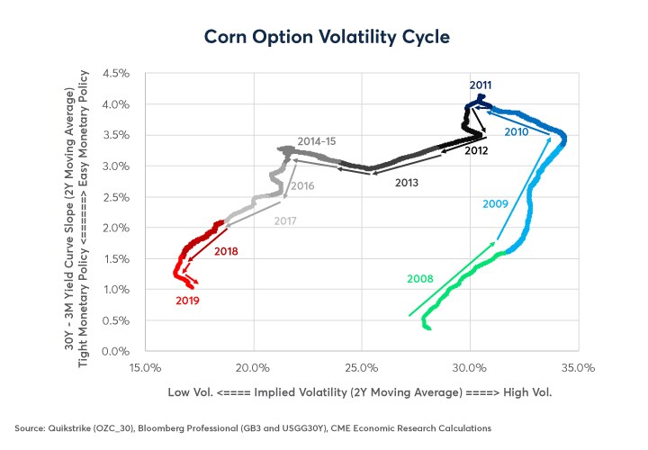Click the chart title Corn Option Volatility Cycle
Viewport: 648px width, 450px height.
[x=324, y=38]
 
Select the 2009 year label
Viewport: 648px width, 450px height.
[x=496, y=204]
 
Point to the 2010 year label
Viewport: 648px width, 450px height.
[x=516, y=131]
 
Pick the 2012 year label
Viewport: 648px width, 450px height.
[x=477, y=150]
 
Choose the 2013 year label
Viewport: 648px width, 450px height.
[x=408, y=182]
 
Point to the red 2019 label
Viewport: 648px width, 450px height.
[x=187, y=300]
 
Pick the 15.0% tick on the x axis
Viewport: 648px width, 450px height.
[x=145, y=367]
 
